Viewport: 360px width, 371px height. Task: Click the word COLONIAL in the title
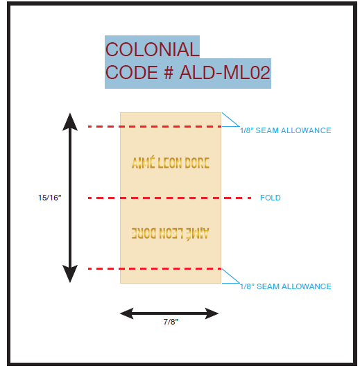pos(152,49)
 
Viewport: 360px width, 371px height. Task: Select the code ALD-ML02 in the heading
pos(225,72)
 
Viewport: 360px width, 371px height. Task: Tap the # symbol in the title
pos(169,72)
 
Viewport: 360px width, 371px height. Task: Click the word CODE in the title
pos(132,72)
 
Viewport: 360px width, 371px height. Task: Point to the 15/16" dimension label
pos(50,198)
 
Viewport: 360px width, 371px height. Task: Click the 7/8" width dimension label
pos(171,322)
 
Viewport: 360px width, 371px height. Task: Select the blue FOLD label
pos(271,198)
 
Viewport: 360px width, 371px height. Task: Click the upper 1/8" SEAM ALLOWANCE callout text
pos(286,130)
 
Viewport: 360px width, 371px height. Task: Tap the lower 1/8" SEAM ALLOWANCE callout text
pos(286,286)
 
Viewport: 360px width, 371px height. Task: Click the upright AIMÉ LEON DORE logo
pos(171,162)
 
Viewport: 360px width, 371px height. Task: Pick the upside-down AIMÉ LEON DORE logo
pos(171,234)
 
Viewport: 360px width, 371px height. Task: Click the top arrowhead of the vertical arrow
pos(70,121)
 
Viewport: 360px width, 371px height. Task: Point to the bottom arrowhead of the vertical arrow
pos(70,274)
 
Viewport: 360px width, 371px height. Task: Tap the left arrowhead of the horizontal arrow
pos(127,313)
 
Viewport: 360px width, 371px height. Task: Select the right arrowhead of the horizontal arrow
pos(212,313)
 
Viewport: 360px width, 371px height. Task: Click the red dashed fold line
pos(169,198)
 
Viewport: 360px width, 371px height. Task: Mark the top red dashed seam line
pos(155,127)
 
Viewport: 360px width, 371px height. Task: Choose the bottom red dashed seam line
pos(155,269)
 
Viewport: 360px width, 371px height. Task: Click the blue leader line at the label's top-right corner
pos(230,119)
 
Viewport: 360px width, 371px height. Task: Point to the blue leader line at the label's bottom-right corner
pos(231,276)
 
